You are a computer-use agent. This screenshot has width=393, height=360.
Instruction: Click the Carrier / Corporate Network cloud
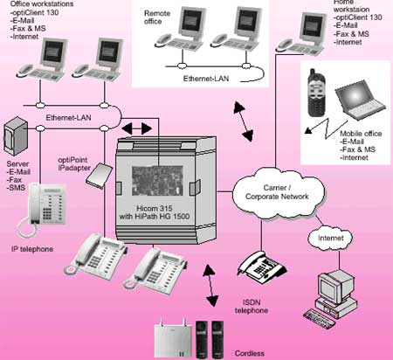tap(279, 192)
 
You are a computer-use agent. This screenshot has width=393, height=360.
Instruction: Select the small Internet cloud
tap(330, 238)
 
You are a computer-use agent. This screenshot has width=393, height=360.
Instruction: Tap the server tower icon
tap(16, 136)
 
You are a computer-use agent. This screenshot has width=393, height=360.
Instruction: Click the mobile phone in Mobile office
tap(317, 93)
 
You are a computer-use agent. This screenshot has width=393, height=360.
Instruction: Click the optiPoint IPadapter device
tap(99, 176)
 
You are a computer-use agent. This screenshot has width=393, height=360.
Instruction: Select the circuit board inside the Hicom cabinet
tap(157, 180)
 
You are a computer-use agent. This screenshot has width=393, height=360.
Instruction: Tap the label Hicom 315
tap(155, 209)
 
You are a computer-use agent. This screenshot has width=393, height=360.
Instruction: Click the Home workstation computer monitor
tap(313, 26)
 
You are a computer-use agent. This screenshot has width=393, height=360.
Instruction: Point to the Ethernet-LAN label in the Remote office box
tap(206, 79)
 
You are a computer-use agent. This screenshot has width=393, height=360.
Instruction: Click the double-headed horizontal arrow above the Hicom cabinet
tap(137, 128)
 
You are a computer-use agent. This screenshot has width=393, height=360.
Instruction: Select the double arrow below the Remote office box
tap(244, 121)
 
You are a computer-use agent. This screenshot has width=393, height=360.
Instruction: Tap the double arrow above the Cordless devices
tap(210, 286)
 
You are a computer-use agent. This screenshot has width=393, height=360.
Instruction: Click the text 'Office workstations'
tap(42, 4)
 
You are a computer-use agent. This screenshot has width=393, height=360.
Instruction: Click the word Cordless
tap(250, 353)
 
